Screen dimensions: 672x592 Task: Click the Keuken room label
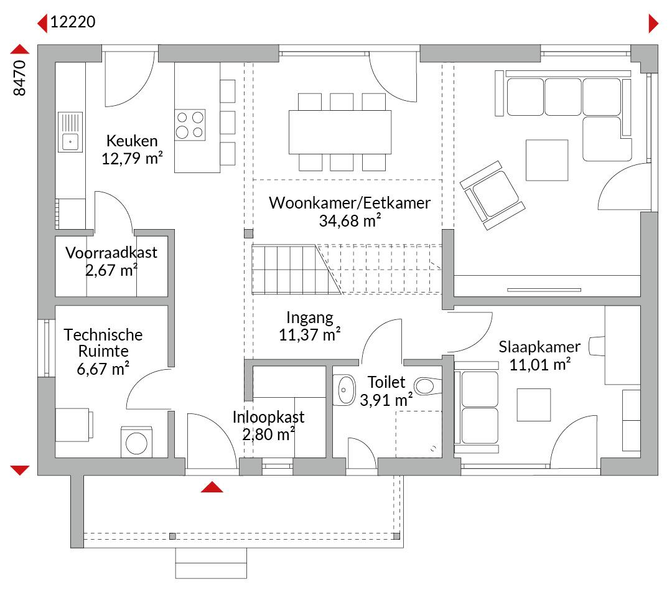(x=132, y=141)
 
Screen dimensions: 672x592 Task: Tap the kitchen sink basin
(x=70, y=142)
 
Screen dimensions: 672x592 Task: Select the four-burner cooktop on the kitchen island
(x=190, y=125)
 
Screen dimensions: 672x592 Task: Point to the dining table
(x=340, y=132)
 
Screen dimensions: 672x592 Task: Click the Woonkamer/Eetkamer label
(x=349, y=203)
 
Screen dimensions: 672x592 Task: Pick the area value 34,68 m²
(x=350, y=220)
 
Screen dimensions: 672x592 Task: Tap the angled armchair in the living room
(x=492, y=195)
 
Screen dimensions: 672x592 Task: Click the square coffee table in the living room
(x=547, y=160)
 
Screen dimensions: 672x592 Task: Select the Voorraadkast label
(x=111, y=253)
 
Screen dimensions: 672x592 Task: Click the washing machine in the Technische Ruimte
(x=136, y=442)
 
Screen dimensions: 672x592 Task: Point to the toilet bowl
(x=427, y=386)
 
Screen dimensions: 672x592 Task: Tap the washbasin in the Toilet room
(x=343, y=390)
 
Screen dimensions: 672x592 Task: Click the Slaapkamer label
(x=539, y=347)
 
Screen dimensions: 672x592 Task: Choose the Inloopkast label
(x=268, y=416)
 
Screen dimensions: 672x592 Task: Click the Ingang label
(x=309, y=317)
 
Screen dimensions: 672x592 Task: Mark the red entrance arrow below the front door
(x=212, y=487)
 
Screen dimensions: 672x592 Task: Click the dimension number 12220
(x=73, y=21)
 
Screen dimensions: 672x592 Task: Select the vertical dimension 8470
(x=19, y=78)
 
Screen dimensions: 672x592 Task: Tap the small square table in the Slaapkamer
(x=534, y=405)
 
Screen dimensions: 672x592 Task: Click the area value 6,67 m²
(x=103, y=369)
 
